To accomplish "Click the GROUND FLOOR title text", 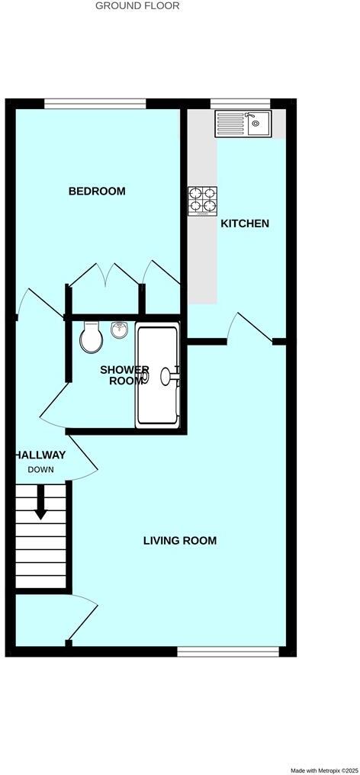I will click(x=137, y=6).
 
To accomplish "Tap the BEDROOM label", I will click(x=97, y=191).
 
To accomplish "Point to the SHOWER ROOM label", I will click(x=124, y=375).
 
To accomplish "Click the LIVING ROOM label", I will click(x=180, y=541).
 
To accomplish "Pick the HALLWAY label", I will click(x=40, y=455).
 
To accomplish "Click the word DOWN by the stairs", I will click(x=41, y=469).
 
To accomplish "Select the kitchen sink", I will click(x=243, y=123).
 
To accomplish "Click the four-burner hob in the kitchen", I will click(x=203, y=201).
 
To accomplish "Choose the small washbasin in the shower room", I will click(x=119, y=330).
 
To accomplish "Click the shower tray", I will click(x=157, y=375).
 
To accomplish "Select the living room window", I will click(x=227, y=651).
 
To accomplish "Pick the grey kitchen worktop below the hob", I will click(x=203, y=259).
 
